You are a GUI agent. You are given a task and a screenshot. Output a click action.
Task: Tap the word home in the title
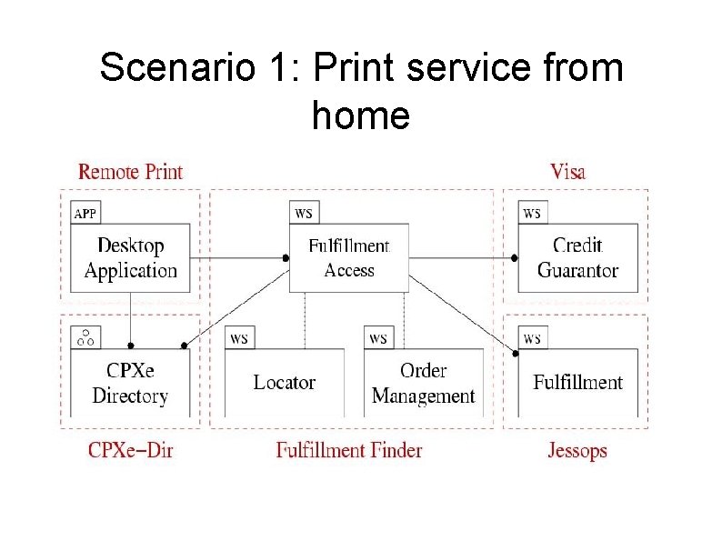[361, 115]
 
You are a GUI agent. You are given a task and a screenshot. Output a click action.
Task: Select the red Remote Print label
[130, 172]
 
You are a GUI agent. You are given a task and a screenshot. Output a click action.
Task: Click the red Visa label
[567, 172]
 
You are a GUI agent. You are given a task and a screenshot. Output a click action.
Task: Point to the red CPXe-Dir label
[130, 450]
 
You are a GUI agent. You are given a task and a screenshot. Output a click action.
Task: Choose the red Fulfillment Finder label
[349, 450]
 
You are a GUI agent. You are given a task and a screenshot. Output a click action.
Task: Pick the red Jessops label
[577, 450]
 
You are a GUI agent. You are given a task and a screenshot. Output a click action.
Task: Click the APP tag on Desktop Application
[85, 214]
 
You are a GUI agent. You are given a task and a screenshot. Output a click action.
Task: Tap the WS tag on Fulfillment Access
[304, 214]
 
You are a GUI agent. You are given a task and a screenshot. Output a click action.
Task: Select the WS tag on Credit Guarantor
[532, 214]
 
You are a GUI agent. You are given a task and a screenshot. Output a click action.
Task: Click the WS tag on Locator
[240, 338]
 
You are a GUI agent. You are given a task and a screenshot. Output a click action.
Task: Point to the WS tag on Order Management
[378, 338]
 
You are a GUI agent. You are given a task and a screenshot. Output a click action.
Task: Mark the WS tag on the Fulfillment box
[532, 338]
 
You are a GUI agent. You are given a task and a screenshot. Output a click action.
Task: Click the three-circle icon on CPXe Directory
[85, 338]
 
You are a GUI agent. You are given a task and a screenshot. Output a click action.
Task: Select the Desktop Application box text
[131, 257]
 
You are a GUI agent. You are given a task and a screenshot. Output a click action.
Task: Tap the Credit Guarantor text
[577, 257]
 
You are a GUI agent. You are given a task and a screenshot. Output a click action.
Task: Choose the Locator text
[285, 383]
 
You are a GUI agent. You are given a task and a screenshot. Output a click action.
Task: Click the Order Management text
[423, 383]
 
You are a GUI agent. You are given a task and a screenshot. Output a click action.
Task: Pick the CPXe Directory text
[130, 384]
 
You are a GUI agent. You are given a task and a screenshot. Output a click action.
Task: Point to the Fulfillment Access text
[348, 257]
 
